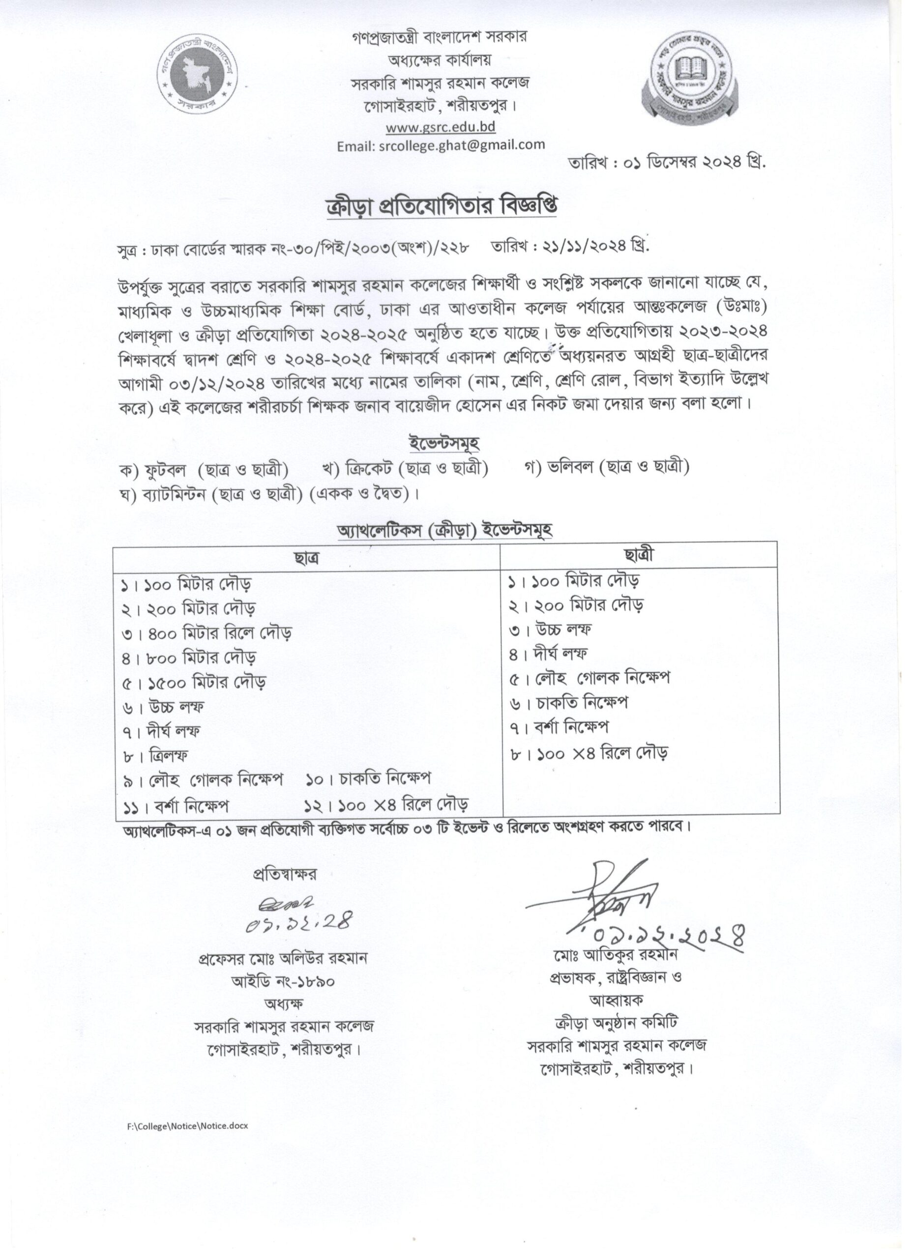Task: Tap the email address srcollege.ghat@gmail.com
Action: (x=441, y=145)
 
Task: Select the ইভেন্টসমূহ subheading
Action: (x=443, y=443)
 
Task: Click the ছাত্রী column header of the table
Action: (x=639, y=555)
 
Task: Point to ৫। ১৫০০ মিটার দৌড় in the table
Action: (x=194, y=682)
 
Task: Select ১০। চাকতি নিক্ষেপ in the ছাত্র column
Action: (x=368, y=779)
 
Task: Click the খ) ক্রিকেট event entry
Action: (x=405, y=469)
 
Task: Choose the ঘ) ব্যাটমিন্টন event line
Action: (x=268, y=493)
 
